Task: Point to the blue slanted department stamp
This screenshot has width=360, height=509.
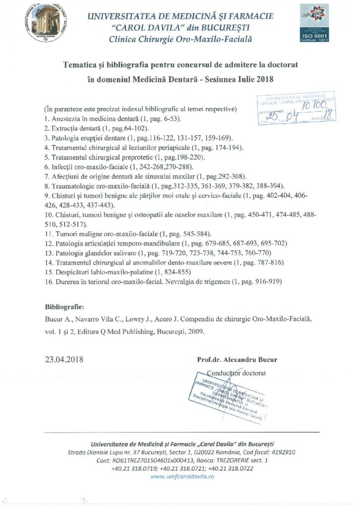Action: pos(231,396)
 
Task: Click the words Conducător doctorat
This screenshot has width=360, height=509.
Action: pos(237,372)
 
